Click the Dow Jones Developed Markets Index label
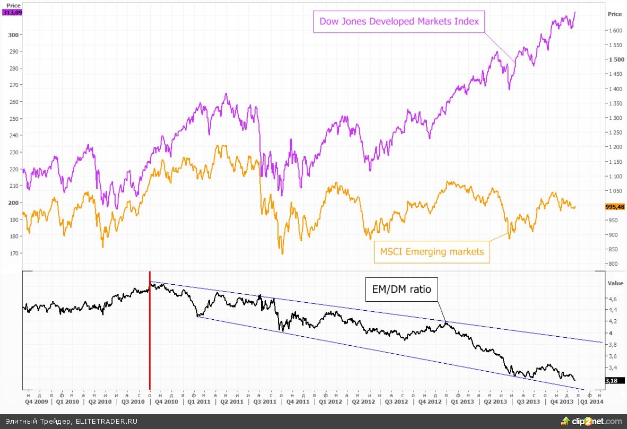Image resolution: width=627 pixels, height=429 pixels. [x=399, y=22]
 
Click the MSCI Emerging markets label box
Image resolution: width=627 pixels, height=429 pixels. [x=431, y=251]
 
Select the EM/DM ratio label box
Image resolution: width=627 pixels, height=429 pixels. [x=400, y=290]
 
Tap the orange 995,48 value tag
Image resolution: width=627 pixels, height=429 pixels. [x=614, y=207]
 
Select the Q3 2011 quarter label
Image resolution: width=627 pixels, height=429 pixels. [x=265, y=402]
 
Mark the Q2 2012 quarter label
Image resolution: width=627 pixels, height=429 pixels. [x=363, y=402]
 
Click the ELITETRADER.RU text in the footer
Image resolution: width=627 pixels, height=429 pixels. [x=106, y=421]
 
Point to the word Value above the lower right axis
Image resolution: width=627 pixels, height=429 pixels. [x=615, y=283]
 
